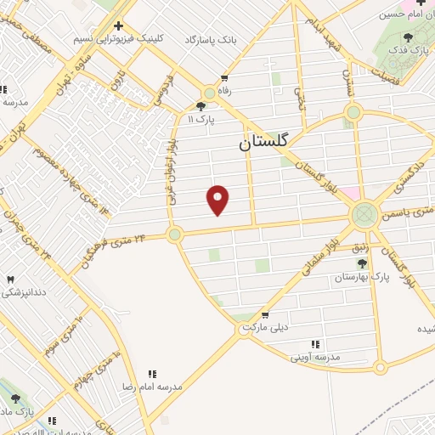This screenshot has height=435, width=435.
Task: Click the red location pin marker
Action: pos(218,200)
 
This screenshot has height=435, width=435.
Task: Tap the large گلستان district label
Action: pos(264,144)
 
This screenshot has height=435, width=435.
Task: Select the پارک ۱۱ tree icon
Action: pos(201,106)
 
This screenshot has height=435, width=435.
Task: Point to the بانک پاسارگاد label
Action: pos(237,41)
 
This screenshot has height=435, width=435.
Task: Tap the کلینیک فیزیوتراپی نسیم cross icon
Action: pos(118,25)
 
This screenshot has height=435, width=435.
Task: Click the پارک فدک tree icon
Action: pos(409,37)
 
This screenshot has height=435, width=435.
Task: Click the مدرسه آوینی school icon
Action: pos(315,344)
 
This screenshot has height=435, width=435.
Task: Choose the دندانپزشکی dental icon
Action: pos(10,280)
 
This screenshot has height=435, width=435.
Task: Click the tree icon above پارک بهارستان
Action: pos(361,263)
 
